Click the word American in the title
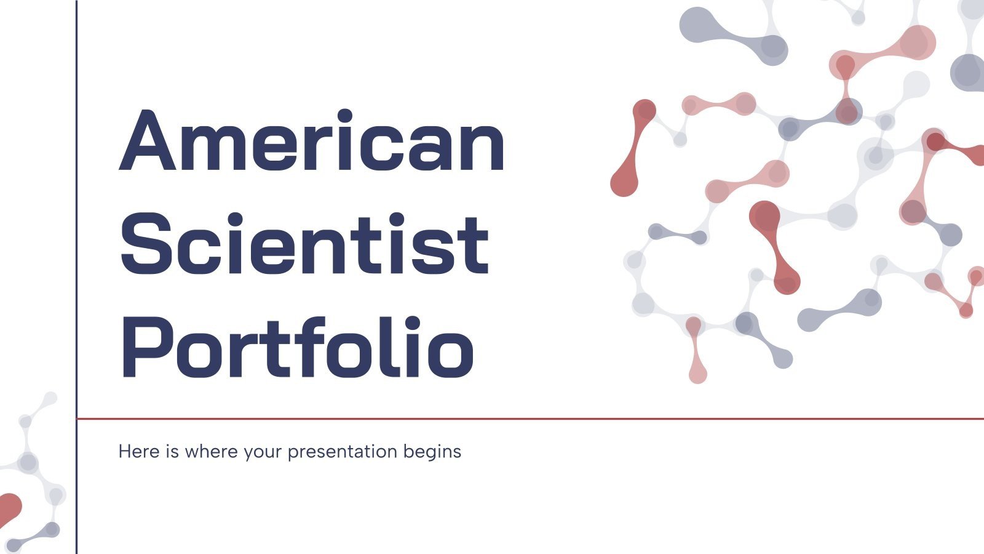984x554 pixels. tap(312, 140)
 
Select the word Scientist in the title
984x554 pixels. tap(304, 244)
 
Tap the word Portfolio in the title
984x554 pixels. tap(296, 348)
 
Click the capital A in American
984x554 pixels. tap(148, 140)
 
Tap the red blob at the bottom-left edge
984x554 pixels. tap(9, 508)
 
